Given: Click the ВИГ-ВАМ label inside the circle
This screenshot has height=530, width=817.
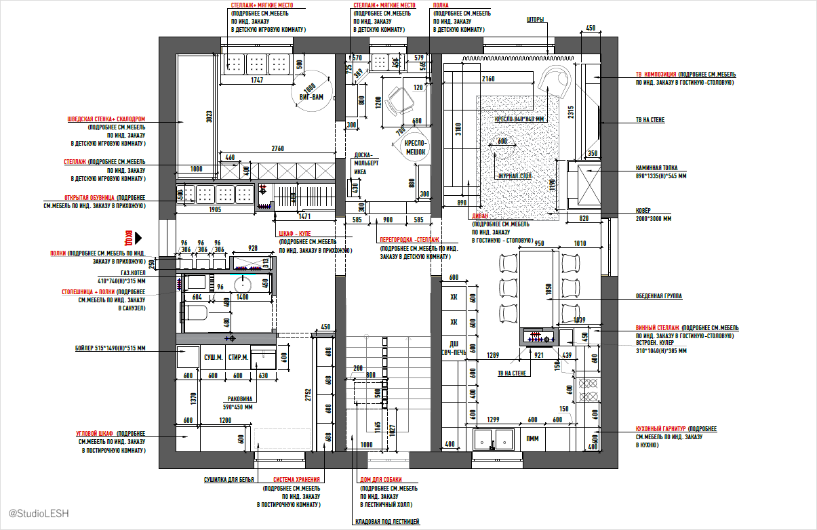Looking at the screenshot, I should click(x=312, y=98).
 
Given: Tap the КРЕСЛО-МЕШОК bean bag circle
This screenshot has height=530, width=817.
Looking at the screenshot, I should click(x=414, y=148).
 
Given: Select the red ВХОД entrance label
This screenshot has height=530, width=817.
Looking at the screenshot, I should click(x=127, y=238).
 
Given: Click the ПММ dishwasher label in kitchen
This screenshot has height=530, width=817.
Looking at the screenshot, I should click(x=533, y=439).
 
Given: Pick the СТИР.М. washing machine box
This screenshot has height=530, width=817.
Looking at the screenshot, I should click(x=238, y=357).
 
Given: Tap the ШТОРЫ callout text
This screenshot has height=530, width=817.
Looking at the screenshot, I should click(x=535, y=20).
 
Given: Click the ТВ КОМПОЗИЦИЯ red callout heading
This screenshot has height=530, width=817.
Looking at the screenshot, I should click(x=656, y=74).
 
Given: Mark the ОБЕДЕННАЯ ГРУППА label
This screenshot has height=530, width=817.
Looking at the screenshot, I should click(x=658, y=296).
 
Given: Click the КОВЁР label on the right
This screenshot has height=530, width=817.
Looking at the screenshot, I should click(x=643, y=211).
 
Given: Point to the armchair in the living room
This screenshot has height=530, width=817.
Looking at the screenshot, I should click(x=557, y=84).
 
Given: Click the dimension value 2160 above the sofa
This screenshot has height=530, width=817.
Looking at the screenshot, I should click(x=488, y=79).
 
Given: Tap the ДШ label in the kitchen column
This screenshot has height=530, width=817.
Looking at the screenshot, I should click(x=454, y=343).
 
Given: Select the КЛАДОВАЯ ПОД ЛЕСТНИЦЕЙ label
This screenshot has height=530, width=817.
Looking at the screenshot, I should click(x=387, y=521).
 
